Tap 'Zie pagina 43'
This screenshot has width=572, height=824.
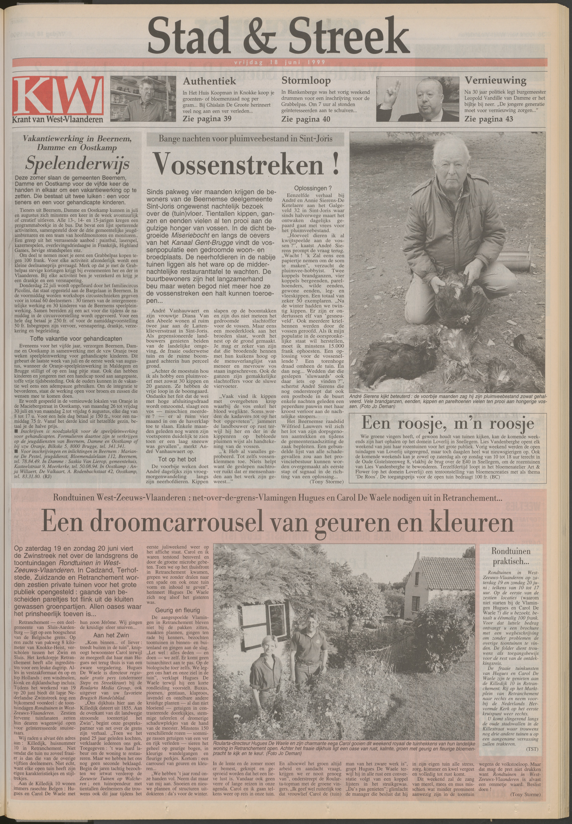pos(489,119)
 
